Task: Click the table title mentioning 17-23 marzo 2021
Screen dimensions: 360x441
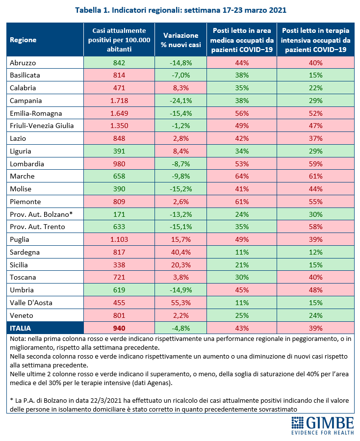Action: pos(180,10)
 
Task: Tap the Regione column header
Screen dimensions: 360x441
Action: pos(23,40)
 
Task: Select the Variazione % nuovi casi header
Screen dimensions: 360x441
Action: pos(180,40)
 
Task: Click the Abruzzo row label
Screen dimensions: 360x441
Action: pos(23,63)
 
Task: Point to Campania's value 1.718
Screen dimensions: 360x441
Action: pos(119,101)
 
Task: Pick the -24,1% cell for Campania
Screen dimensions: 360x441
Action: pos(180,101)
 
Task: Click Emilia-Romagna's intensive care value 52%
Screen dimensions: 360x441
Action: pos(315,113)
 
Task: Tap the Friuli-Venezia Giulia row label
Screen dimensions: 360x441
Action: pos(42,126)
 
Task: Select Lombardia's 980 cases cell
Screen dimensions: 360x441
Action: pos(119,164)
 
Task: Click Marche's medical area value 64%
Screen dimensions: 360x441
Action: pos(242,176)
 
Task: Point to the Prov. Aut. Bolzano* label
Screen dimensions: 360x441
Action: pos(41,214)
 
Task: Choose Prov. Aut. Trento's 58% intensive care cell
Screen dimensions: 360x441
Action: pos(315,227)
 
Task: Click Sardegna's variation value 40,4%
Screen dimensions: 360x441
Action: pos(180,252)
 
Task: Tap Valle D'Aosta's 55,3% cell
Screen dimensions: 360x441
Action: pos(180,303)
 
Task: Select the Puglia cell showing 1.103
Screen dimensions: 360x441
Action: pos(119,239)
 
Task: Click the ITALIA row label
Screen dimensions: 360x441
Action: pos(20,328)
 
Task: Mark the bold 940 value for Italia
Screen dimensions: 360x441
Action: pos(119,328)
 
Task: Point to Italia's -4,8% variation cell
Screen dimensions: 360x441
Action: pos(180,328)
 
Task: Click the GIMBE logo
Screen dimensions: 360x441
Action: pos(322,425)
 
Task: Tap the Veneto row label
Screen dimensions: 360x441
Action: pos(22,315)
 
